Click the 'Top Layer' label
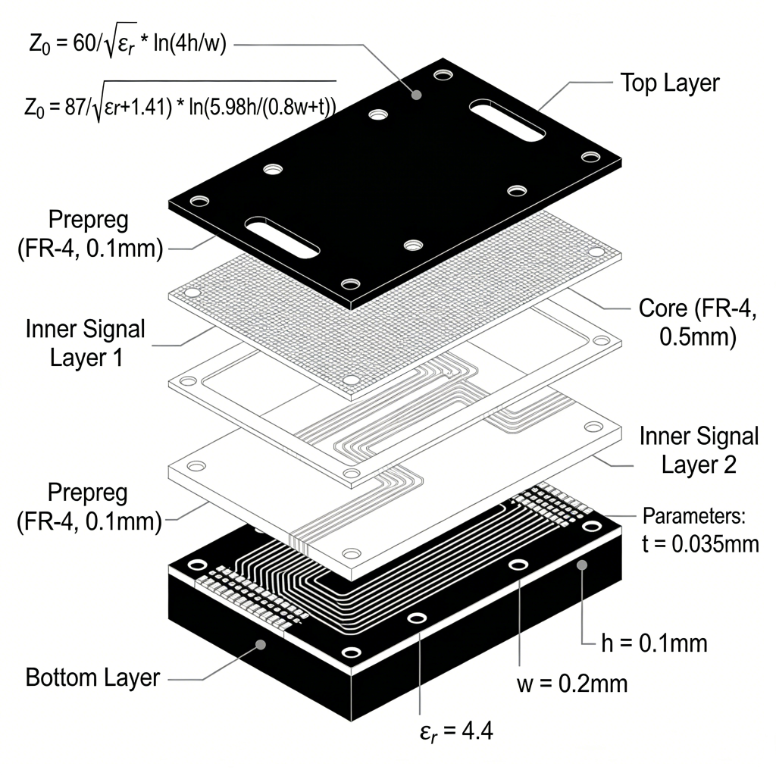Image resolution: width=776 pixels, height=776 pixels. (669, 83)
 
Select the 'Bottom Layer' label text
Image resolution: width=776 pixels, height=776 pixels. (92, 677)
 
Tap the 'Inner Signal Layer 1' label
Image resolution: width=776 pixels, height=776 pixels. (85, 343)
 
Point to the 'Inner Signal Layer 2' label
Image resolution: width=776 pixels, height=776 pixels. (698, 449)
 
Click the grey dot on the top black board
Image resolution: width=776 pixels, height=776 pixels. (415, 95)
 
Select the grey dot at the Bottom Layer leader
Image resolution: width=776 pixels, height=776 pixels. (260, 644)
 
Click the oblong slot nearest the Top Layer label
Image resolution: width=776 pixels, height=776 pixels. (507, 120)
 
